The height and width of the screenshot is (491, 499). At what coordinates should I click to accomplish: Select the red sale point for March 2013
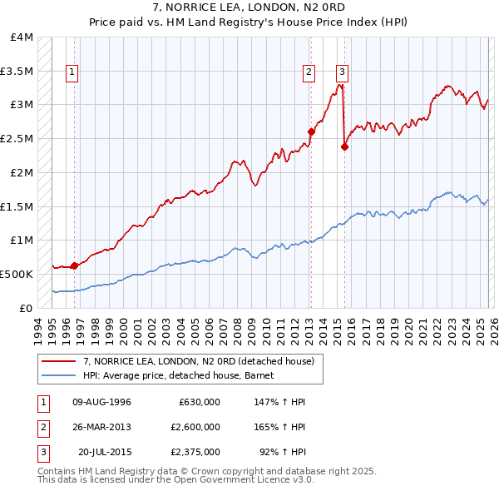[311, 131]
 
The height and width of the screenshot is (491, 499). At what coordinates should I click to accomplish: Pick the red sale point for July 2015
[344, 146]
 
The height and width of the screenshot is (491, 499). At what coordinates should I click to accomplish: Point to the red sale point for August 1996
[74, 265]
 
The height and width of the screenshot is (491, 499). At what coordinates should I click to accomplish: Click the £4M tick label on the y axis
[22, 37]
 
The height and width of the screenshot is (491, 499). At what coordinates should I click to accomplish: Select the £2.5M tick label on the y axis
[17, 138]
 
